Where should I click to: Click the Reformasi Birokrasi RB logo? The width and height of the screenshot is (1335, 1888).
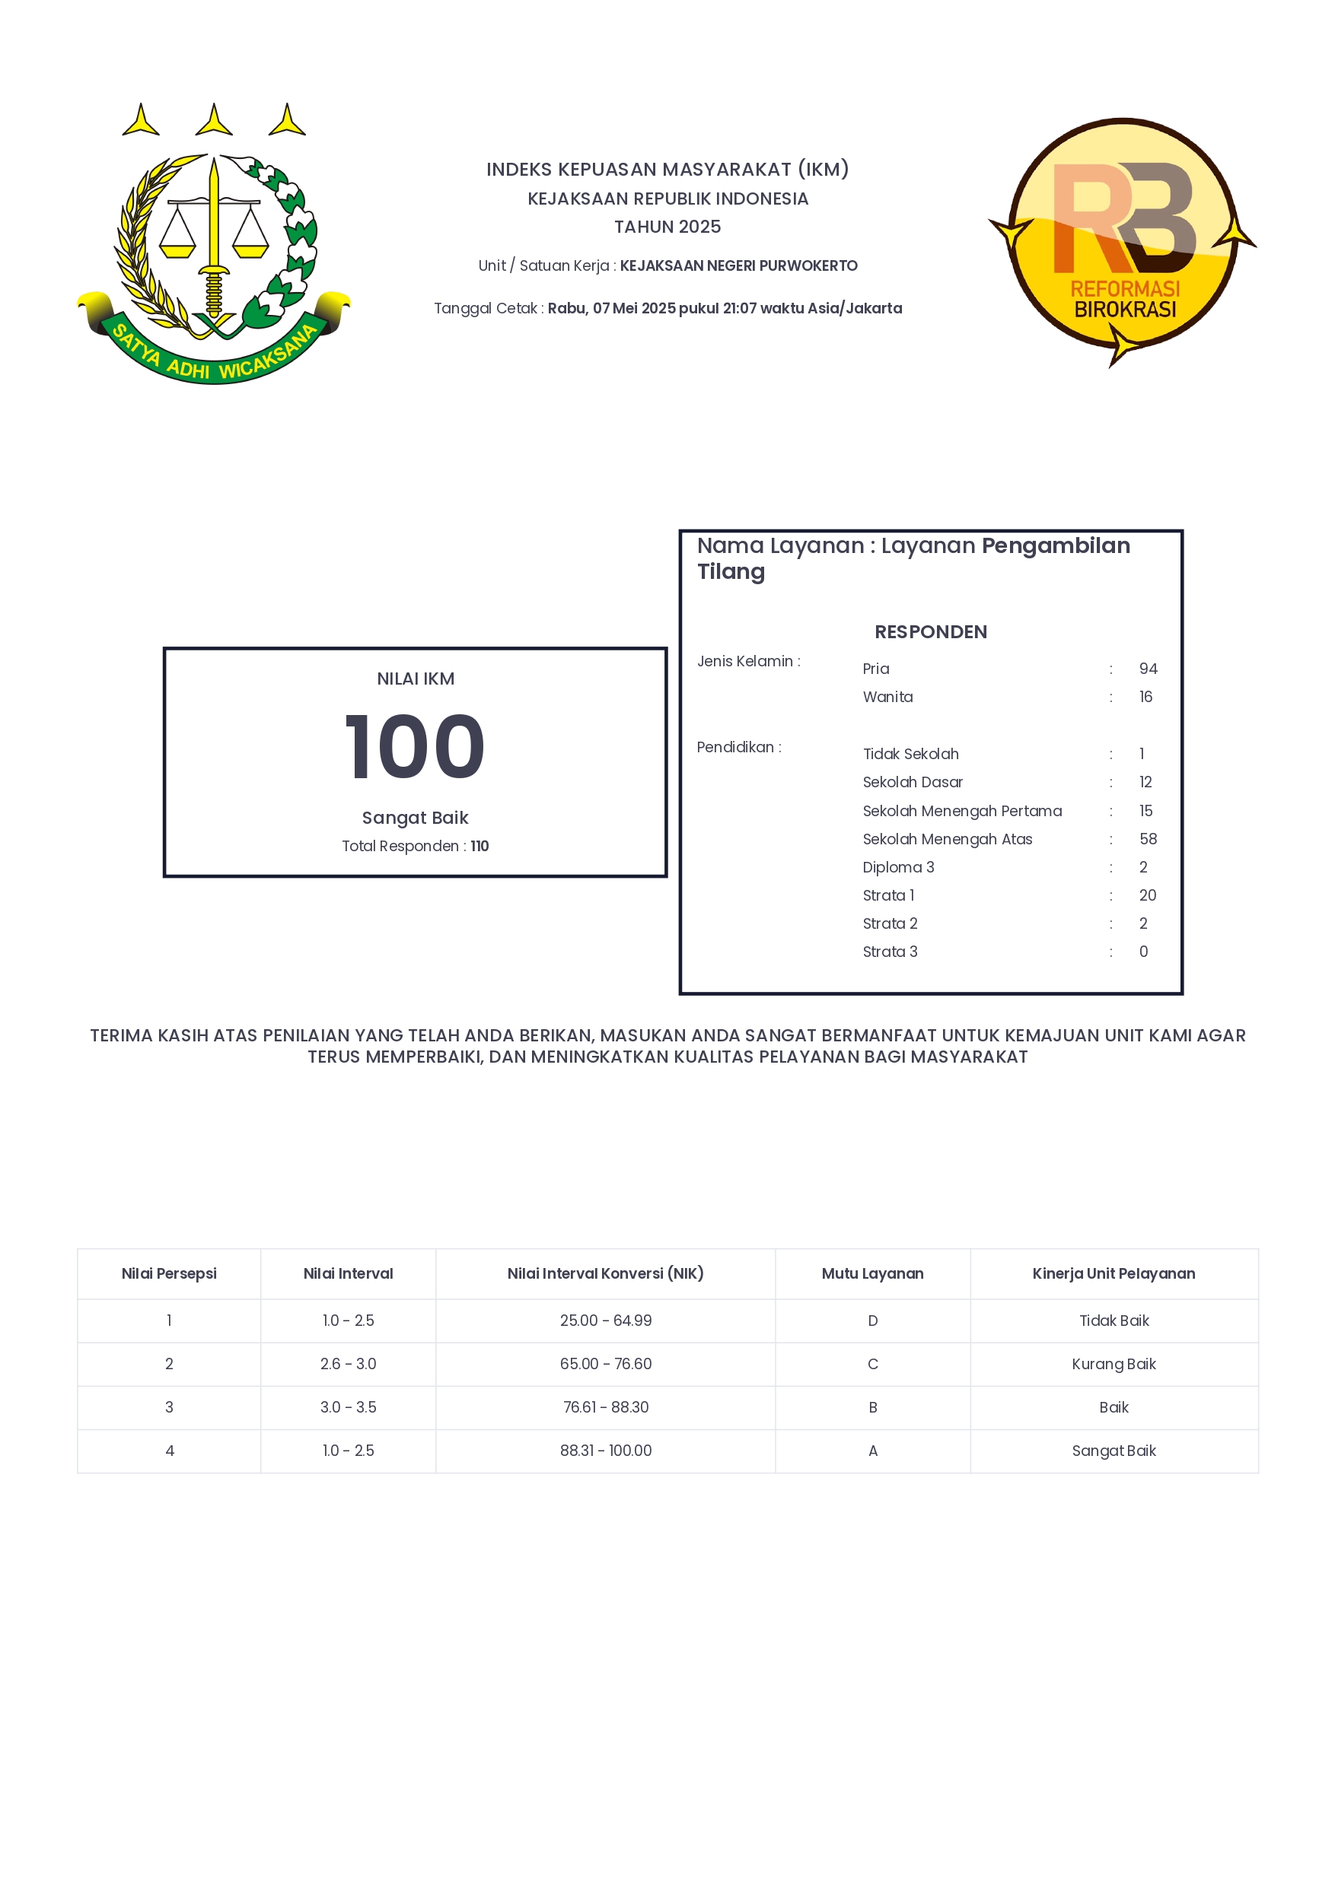click(x=1123, y=241)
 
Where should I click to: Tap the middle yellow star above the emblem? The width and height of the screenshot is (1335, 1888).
click(x=214, y=121)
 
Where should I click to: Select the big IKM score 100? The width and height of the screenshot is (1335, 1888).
click(x=415, y=747)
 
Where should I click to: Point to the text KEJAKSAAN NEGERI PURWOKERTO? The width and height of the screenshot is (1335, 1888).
click(x=738, y=265)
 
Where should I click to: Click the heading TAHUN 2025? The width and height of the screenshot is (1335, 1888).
click(x=667, y=227)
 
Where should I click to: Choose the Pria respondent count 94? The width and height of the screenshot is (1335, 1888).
click(x=1148, y=669)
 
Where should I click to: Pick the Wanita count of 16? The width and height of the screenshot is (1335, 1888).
click(x=1145, y=697)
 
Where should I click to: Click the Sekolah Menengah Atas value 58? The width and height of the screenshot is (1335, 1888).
click(x=1148, y=839)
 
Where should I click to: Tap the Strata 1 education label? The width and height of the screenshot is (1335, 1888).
click(x=888, y=895)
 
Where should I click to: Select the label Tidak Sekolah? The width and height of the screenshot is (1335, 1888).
click(x=910, y=754)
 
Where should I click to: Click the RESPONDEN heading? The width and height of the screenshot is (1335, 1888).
click(x=930, y=631)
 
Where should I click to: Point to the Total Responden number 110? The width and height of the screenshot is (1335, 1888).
click(x=480, y=846)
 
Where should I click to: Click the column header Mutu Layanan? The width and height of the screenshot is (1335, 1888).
click(x=872, y=1273)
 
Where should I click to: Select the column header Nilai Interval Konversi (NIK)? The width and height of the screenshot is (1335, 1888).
click(x=605, y=1273)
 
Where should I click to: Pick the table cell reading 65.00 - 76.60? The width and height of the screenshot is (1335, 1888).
click(x=605, y=1363)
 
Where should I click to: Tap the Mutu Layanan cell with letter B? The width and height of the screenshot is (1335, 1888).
click(x=873, y=1407)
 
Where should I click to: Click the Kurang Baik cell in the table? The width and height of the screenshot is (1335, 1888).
click(x=1114, y=1363)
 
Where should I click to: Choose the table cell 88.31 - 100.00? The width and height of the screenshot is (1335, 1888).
click(x=605, y=1451)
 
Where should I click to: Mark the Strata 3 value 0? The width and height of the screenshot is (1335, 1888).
click(x=1143, y=952)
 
